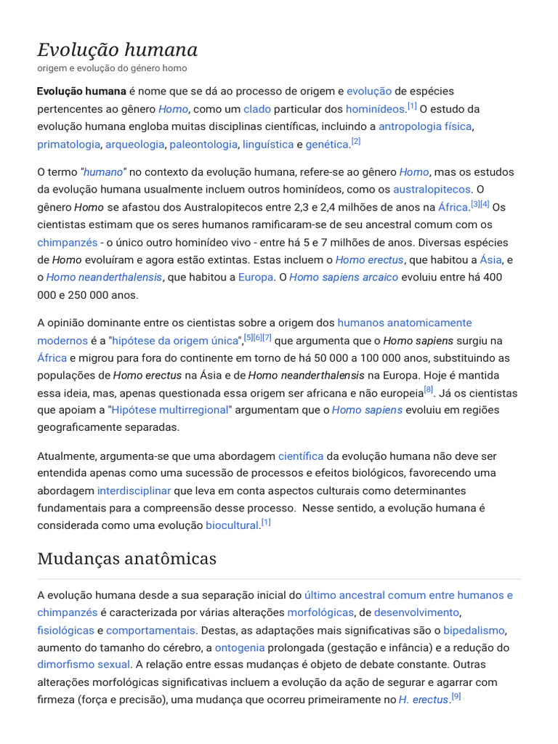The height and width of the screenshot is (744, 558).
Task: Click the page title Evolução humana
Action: tap(118, 49)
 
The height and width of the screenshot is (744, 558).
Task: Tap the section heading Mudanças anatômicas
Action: tap(127, 558)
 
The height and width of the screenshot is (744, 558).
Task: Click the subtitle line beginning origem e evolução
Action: tap(112, 68)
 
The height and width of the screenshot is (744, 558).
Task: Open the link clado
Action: tap(257, 109)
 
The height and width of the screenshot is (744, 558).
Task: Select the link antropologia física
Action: tap(426, 126)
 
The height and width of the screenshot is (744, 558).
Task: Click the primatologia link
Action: tap(69, 145)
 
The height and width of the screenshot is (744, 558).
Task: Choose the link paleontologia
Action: tap(203, 145)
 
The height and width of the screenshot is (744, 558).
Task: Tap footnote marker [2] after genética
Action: tap(356, 142)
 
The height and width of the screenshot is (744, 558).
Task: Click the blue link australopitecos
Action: tap(433, 190)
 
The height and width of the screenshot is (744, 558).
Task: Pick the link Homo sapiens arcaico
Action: tap(344, 277)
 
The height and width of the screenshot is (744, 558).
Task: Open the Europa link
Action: tap(256, 277)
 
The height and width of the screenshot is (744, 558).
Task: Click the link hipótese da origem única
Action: tap(176, 341)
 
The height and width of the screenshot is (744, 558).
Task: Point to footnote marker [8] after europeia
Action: tap(429, 390)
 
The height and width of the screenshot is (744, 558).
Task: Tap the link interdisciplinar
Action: tap(134, 490)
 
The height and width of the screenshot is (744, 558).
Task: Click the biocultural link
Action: tap(232, 525)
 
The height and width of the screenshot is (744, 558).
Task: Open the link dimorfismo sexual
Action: tap(84, 664)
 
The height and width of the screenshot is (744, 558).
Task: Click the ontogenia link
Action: tap(240, 647)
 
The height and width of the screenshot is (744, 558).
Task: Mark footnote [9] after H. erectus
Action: tap(456, 697)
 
